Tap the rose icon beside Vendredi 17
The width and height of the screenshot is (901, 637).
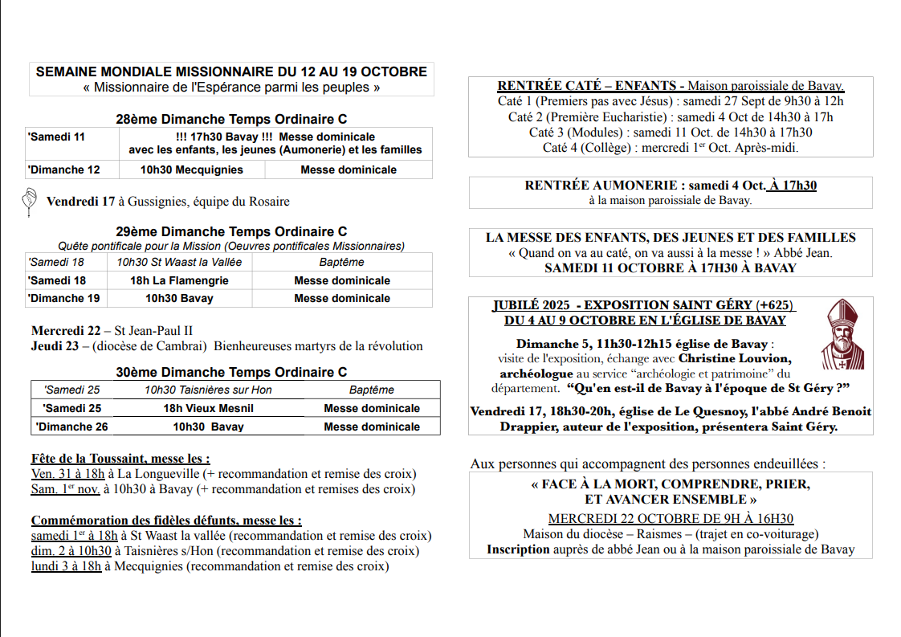[29, 202]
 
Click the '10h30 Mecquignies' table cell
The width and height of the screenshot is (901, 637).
[191, 169]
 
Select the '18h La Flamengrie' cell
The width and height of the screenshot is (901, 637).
[179, 280]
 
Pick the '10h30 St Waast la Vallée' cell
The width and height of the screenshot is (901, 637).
[179, 262]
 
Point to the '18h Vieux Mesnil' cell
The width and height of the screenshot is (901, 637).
[208, 408]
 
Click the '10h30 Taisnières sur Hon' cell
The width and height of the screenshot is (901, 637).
[208, 390]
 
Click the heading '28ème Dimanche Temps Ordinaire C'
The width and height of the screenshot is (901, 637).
[231, 119]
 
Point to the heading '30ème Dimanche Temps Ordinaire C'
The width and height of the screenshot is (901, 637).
[231, 372]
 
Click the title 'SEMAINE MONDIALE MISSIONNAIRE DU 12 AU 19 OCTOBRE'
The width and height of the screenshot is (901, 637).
[231, 71]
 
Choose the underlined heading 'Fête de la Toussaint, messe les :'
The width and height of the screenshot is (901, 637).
[120, 459]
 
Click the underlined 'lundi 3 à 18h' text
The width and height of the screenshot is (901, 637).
[67, 566]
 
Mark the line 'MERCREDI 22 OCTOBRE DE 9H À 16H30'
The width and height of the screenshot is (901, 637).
[671, 519]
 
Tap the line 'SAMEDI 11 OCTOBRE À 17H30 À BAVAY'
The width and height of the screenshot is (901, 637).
[671, 268]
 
